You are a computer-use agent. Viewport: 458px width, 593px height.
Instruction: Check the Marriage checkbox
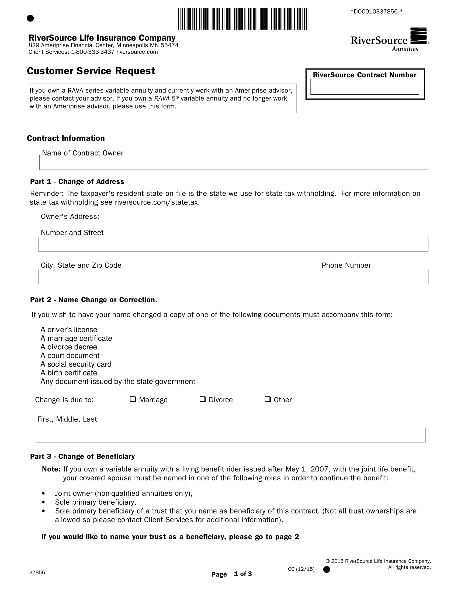tap(133, 399)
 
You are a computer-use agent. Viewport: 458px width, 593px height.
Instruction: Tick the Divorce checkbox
tap(202, 399)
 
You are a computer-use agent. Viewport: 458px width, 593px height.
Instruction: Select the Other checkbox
tap(268, 399)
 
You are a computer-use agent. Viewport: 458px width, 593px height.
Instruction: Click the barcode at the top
tap(243, 19)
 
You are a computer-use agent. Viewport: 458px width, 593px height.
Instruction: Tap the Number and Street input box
tap(233, 245)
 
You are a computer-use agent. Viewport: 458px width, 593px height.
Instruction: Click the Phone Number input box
tap(375, 278)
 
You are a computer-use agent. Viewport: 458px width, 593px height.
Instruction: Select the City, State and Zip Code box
tap(179, 278)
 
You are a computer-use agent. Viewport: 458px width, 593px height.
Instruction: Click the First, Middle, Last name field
tap(230, 436)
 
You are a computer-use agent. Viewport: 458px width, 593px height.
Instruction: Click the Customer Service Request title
tap(91, 71)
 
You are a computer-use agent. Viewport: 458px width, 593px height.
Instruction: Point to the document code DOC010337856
tap(376, 12)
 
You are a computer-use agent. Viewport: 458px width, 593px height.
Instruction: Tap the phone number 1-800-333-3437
tap(93, 52)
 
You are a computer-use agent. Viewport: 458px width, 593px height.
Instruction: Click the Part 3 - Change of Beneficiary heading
tap(82, 456)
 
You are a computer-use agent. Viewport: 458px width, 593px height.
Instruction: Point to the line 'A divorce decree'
tap(69, 347)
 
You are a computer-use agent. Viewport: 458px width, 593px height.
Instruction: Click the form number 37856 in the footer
tap(37, 572)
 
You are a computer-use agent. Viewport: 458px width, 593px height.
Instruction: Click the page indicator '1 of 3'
tap(243, 574)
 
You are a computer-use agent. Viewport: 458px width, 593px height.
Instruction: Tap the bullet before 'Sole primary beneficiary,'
tap(43, 502)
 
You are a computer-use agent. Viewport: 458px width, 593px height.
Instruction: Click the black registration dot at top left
tap(30, 18)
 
